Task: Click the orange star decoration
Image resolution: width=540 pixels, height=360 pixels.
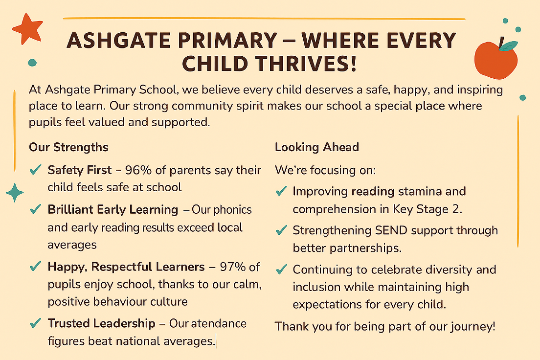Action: [x=27, y=29]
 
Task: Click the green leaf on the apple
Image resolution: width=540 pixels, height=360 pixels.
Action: [x=508, y=46]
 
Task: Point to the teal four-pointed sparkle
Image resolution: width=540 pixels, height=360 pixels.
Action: [x=15, y=192]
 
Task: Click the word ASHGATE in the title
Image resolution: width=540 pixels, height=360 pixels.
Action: [x=119, y=40]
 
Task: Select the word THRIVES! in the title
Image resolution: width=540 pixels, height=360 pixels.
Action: [x=305, y=64]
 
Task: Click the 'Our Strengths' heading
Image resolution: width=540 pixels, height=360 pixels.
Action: [x=68, y=147]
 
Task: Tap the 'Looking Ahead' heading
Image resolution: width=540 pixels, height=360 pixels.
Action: [x=317, y=147]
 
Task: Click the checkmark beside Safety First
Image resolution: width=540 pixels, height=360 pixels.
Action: [x=36, y=170]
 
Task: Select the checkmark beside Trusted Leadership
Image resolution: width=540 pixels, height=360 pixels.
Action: [x=36, y=323]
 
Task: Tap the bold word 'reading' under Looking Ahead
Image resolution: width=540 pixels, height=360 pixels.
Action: [x=373, y=192]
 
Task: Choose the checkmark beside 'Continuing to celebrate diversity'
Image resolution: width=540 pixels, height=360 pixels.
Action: [x=282, y=269]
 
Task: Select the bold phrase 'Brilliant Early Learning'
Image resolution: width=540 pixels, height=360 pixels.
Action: [x=113, y=209]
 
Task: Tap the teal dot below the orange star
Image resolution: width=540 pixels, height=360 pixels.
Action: [x=32, y=62]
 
